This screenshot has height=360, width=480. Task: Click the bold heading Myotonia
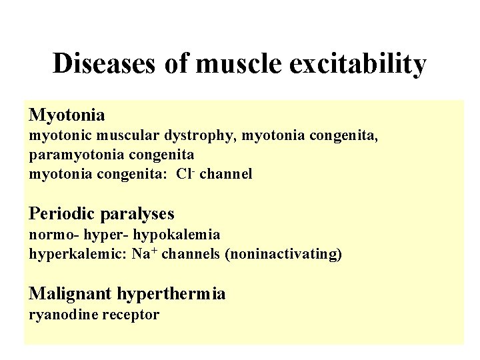pyautogui.click(x=67, y=115)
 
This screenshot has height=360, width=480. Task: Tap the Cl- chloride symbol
pyautogui.click(x=185, y=174)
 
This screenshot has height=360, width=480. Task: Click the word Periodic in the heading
pyautogui.click(x=62, y=213)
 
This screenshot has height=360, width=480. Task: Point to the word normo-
pyautogui.click(x=49, y=235)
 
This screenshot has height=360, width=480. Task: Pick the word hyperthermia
pyautogui.click(x=171, y=293)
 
